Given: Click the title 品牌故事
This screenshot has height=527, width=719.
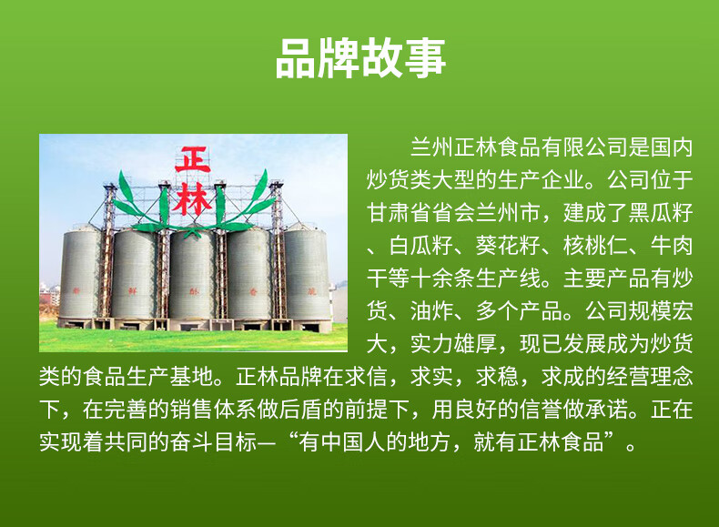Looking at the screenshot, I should (x=359, y=56).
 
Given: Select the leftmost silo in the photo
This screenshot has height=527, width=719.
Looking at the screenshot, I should (x=81, y=273).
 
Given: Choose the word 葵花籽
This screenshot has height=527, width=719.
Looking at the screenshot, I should (x=518, y=245).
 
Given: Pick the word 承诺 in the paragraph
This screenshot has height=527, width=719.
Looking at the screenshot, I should (x=600, y=410).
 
